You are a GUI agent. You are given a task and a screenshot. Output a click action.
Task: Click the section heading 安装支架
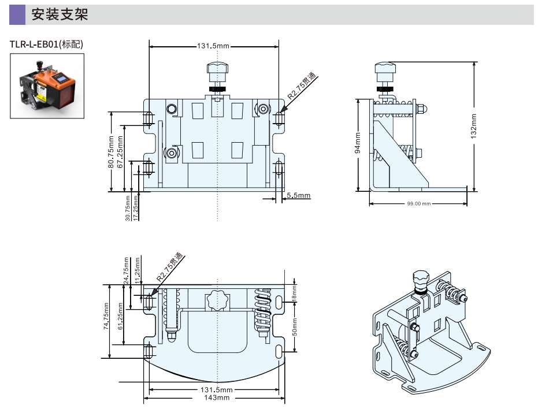(x=60, y=15)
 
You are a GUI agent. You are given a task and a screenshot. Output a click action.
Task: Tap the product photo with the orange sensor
(x=47, y=86)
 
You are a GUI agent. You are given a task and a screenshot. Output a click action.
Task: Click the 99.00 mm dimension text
(x=418, y=204)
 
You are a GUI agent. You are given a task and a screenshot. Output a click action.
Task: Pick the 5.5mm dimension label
(x=298, y=195)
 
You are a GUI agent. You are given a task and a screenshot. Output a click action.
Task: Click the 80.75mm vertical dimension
(x=112, y=151)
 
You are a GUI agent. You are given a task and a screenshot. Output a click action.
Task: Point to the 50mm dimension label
(x=294, y=328)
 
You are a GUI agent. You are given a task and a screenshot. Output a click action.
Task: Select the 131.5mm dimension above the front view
(x=213, y=46)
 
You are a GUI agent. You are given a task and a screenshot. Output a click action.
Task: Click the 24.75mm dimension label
(x=126, y=270)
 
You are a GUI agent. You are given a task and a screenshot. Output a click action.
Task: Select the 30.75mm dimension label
(x=128, y=205)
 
